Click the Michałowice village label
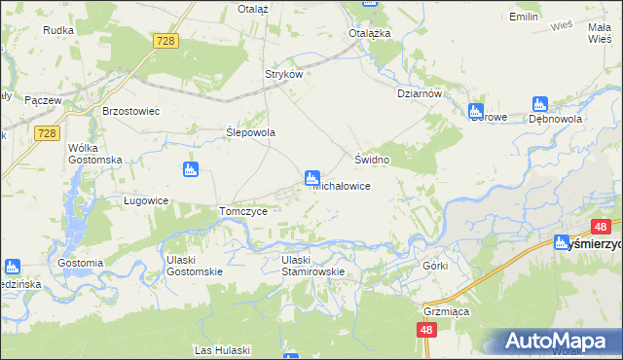(341, 186)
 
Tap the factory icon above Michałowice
(312, 177)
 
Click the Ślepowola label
(251, 132)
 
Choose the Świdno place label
(372, 159)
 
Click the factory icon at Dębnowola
(540, 104)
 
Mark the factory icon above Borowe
(476, 110)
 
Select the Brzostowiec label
(130, 111)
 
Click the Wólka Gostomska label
(94, 153)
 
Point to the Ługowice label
(147, 200)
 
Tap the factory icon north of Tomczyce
(190, 170)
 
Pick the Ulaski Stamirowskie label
(313, 266)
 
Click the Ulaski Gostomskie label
(194, 266)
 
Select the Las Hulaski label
(223, 349)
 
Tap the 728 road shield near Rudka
(165, 40)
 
